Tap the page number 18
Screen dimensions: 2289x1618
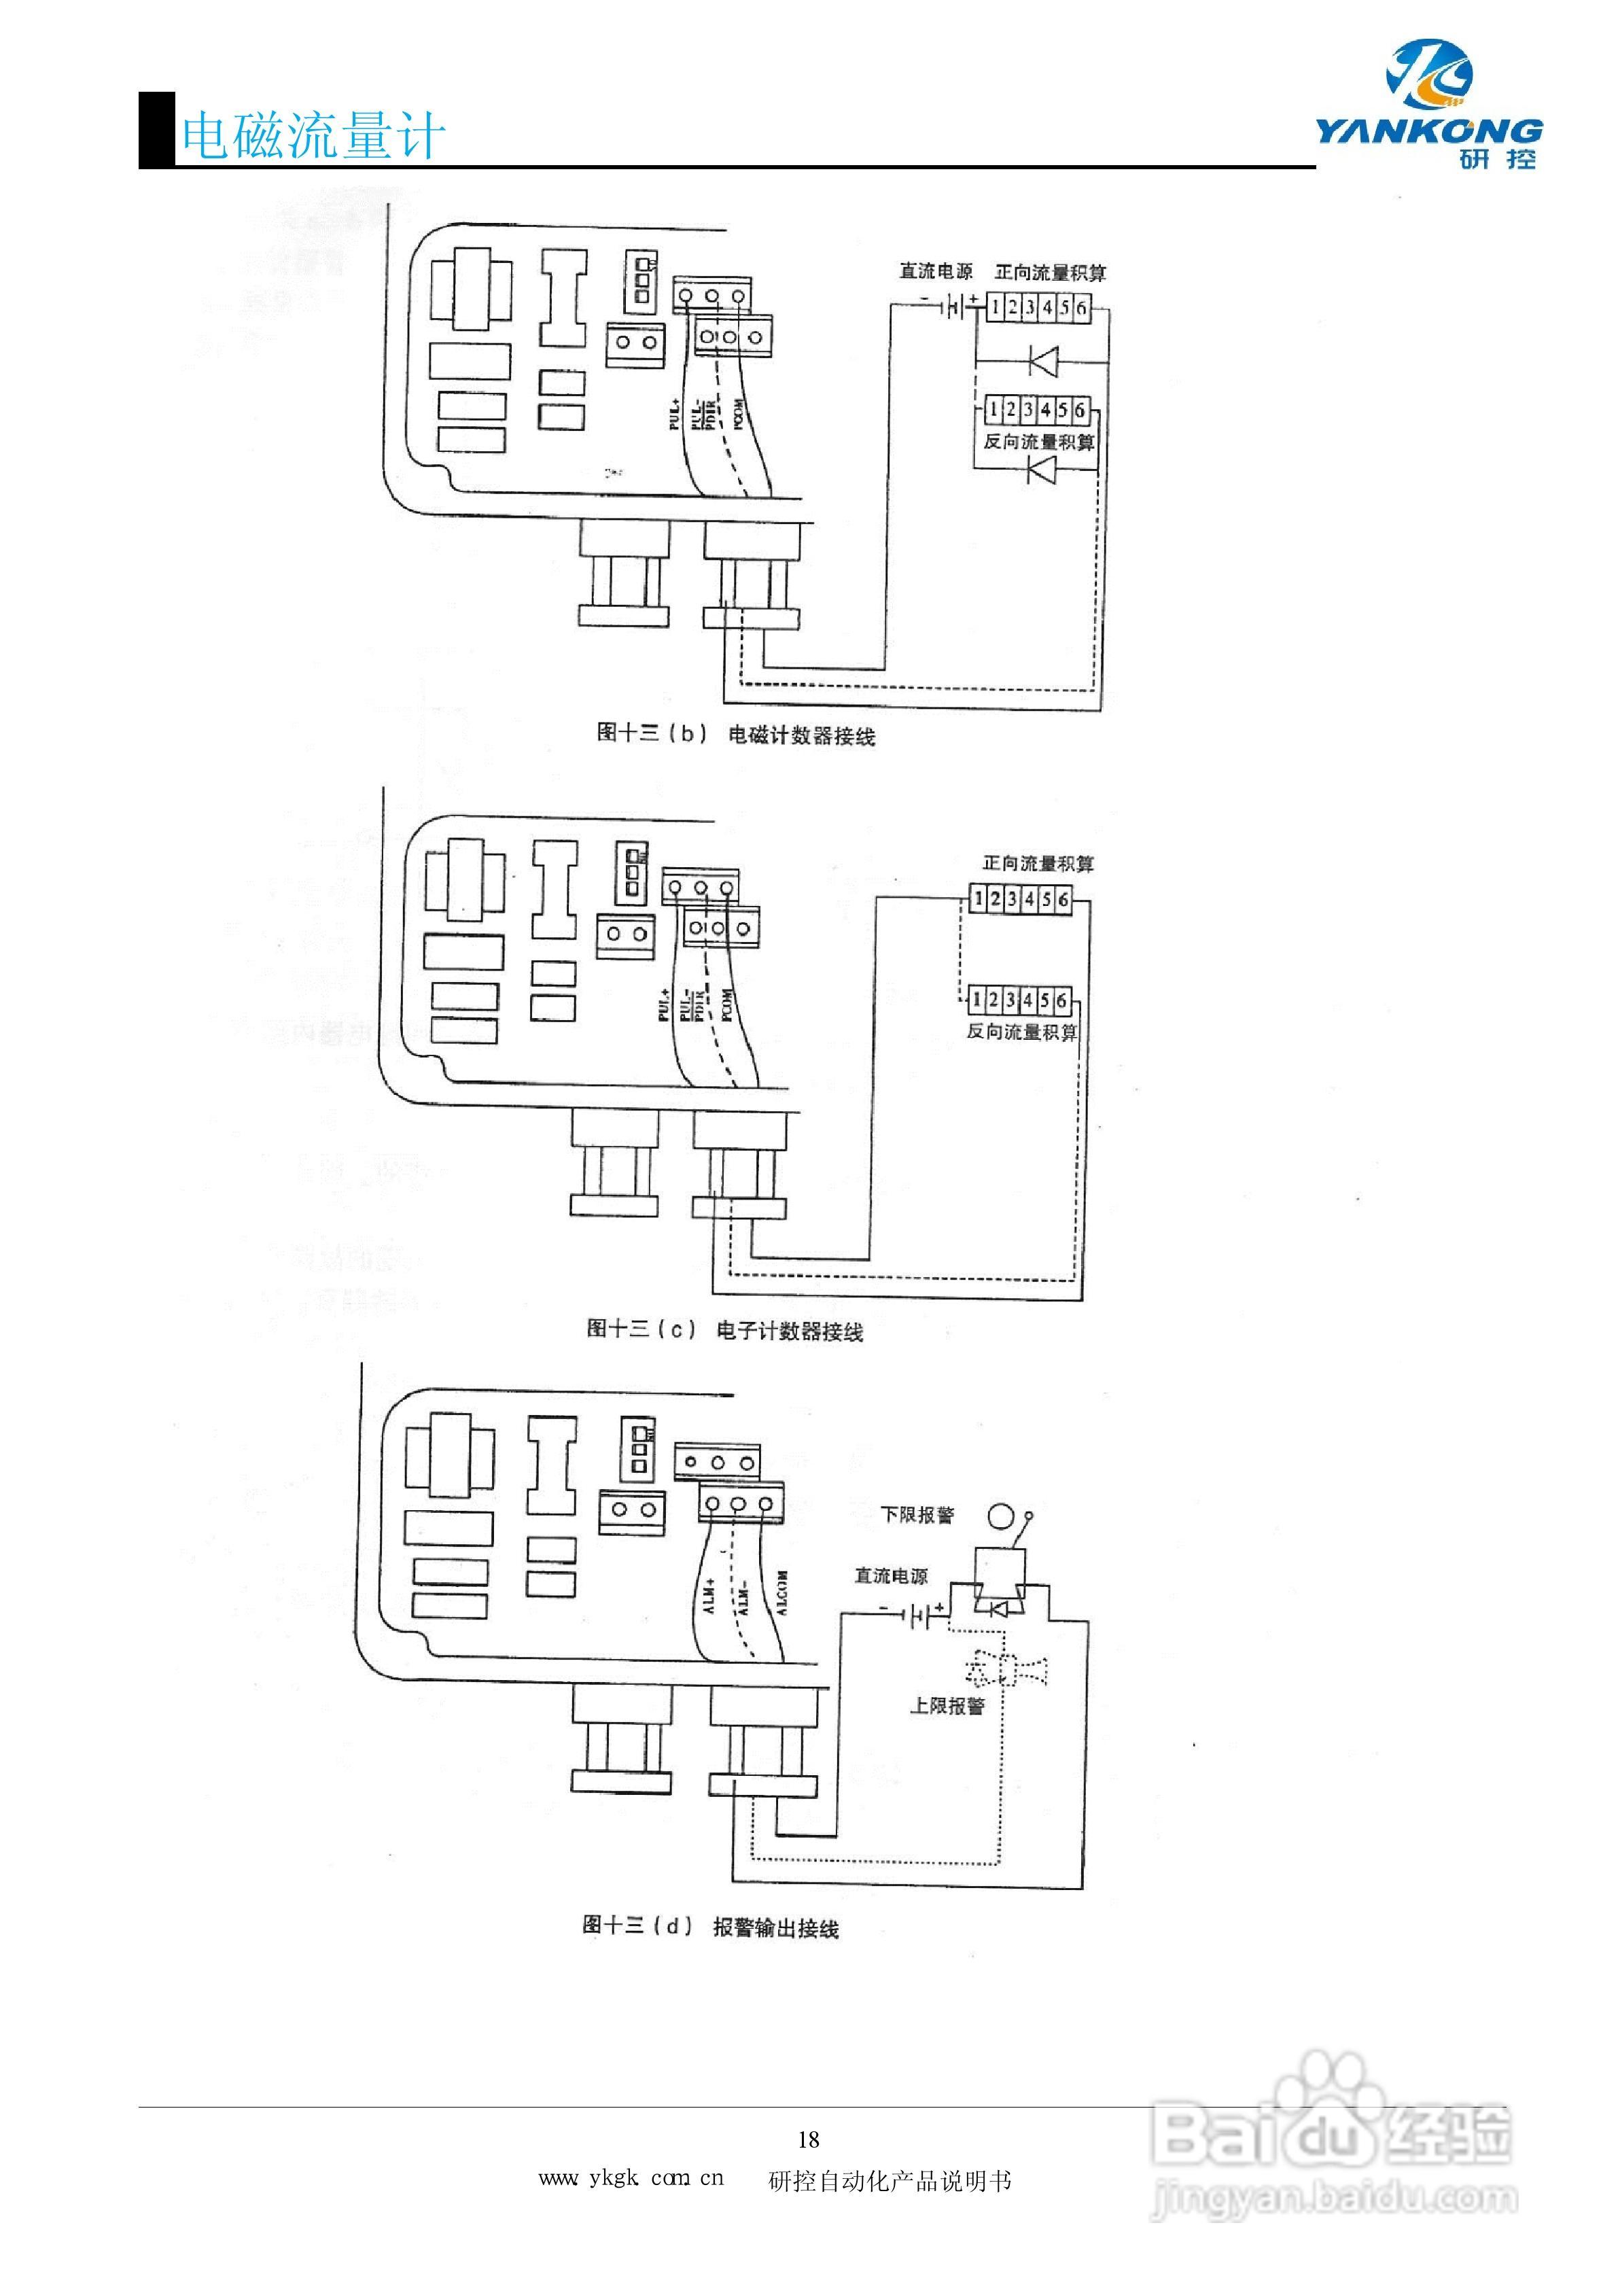click(x=809, y=2138)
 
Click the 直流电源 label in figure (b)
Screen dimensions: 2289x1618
click(x=935, y=271)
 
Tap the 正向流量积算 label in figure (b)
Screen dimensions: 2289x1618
click(x=1050, y=272)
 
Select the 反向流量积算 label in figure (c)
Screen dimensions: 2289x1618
click(x=1022, y=1031)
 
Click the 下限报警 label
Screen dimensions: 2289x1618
click(x=917, y=1514)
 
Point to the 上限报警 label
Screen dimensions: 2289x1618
click(x=946, y=1706)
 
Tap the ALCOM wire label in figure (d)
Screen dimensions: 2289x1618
click(x=781, y=1593)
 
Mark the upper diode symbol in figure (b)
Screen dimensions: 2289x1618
click(x=1043, y=360)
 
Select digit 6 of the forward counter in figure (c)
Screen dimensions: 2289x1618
click(x=1063, y=899)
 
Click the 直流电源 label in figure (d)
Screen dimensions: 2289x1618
click(x=890, y=1576)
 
